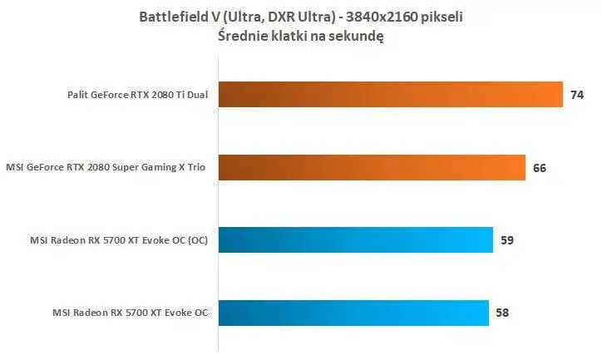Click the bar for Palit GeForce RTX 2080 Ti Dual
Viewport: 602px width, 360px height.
point(391,95)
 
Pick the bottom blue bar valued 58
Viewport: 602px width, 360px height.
point(353,313)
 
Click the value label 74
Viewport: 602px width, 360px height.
point(577,96)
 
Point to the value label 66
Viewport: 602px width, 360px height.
point(539,168)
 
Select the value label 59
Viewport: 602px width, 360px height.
point(507,241)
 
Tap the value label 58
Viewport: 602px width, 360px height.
point(502,313)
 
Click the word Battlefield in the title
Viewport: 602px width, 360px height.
point(175,16)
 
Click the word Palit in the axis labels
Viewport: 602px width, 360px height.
point(81,96)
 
